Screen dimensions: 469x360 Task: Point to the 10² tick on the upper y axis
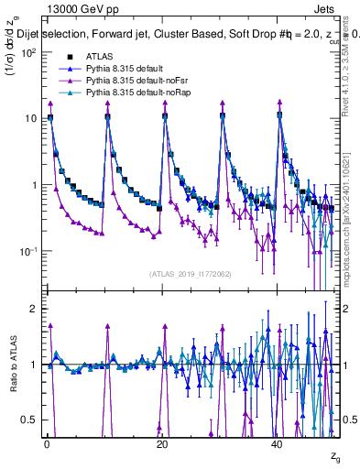[x=29, y=52]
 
